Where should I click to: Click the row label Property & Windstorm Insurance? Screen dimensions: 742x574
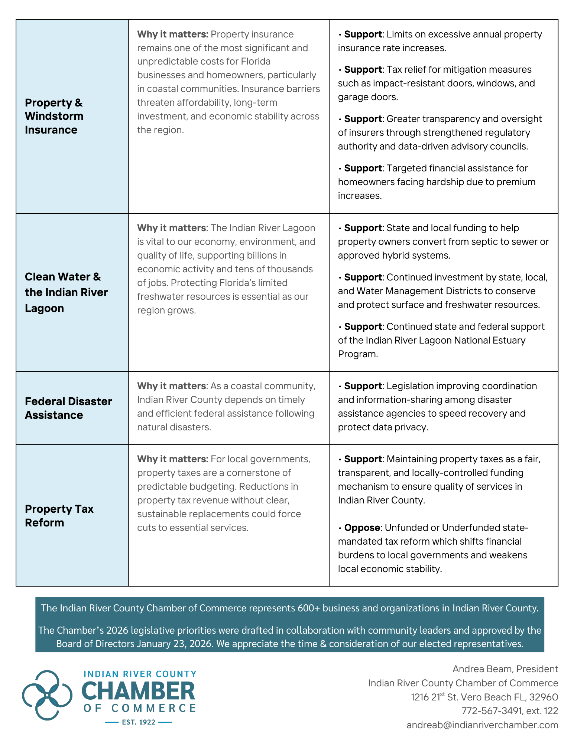(x=54, y=116)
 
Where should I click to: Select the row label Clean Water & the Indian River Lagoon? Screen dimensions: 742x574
(x=66, y=292)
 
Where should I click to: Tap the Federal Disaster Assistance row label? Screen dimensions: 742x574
(x=68, y=408)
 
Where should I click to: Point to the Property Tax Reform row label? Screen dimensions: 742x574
(x=59, y=516)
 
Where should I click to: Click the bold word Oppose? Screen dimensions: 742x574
(x=362, y=528)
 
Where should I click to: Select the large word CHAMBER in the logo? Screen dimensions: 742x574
(x=138, y=692)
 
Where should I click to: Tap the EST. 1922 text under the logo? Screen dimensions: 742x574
(x=139, y=722)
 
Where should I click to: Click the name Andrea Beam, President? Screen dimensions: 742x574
(x=505, y=669)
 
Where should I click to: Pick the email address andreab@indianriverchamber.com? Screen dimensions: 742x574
(x=482, y=725)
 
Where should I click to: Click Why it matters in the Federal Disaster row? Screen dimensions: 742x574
(x=171, y=386)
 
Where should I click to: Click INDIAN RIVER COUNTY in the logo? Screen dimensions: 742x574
(x=140, y=674)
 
